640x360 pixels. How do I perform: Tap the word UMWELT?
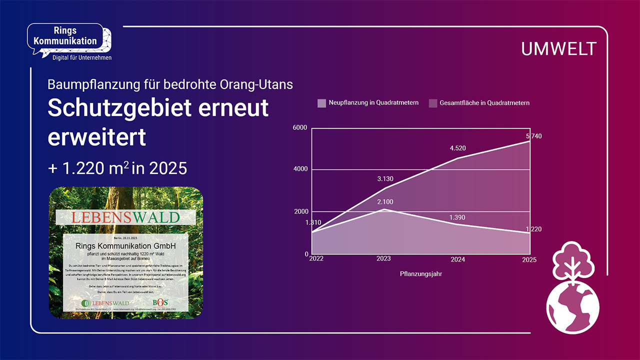pos(558,49)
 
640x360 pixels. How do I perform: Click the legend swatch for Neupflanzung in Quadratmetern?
pos(321,103)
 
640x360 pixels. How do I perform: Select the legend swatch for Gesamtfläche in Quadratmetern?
pos(433,103)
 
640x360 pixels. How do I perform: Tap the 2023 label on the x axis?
pos(383,259)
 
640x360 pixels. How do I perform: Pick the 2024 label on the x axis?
pos(457,259)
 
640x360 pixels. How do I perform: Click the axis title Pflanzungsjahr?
pos(421,274)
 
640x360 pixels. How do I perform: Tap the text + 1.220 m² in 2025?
pos(117,168)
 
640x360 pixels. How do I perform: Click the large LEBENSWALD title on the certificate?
pos(125,217)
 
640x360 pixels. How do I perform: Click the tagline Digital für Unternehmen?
pos(82,58)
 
